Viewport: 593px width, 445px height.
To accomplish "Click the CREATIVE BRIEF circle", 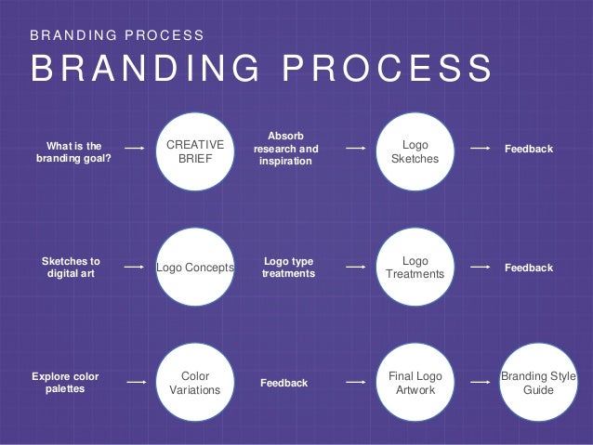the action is pyautogui.click(x=194, y=151).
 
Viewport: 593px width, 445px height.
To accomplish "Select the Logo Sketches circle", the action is pyautogui.click(x=415, y=151).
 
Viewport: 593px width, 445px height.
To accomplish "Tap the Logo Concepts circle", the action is pyautogui.click(x=194, y=268).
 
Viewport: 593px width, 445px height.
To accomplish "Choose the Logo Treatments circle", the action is pyautogui.click(x=415, y=268).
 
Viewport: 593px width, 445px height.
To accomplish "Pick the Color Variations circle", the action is pyautogui.click(x=194, y=383).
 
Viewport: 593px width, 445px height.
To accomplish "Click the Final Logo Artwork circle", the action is pyautogui.click(x=415, y=383).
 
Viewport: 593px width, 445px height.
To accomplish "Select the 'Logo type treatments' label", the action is pyautogui.click(x=289, y=268).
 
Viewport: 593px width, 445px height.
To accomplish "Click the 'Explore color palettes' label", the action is pyautogui.click(x=65, y=383).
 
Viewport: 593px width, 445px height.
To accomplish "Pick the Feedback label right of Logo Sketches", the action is pyautogui.click(x=528, y=149).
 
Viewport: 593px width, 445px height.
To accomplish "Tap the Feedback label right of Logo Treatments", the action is pyautogui.click(x=528, y=268).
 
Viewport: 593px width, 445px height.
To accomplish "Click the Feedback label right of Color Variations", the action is pyautogui.click(x=283, y=382).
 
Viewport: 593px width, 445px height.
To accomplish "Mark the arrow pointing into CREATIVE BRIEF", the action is pyautogui.click(x=135, y=148).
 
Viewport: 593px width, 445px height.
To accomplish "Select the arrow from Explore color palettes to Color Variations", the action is pyautogui.click(x=136, y=382).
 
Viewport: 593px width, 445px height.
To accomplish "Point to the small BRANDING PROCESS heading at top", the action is pyautogui.click(x=117, y=35).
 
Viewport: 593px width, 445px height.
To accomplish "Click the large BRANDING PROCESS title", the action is pyautogui.click(x=261, y=71).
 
